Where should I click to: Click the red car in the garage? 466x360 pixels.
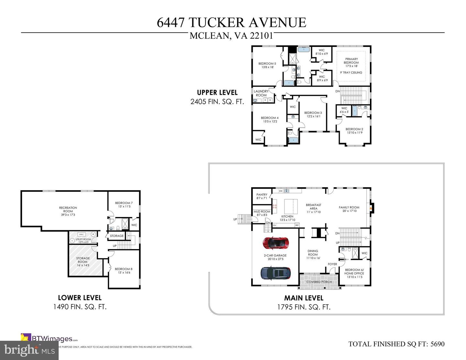tap(275, 243)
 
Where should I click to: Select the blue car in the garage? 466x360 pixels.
tap(275, 273)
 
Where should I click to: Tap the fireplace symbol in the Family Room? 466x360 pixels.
tap(372, 208)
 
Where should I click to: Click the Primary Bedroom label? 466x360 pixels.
tap(351, 61)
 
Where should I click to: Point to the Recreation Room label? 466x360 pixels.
tap(68, 209)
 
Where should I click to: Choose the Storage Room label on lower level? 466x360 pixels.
tap(83, 260)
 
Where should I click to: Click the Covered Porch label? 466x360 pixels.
tap(319, 282)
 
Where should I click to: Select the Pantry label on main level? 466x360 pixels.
tap(262, 195)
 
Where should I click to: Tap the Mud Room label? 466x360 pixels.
tap(262, 212)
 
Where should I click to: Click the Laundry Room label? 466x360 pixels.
tap(261, 93)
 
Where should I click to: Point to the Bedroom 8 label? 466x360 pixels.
tap(123, 269)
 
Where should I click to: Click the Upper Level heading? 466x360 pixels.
tap(217, 93)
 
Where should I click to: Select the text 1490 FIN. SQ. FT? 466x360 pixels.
tap(80, 307)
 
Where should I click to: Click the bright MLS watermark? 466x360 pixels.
tap(29, 350)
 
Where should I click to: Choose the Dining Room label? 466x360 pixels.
tap(313, 253)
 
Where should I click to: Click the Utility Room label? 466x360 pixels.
tap(83, 239)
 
